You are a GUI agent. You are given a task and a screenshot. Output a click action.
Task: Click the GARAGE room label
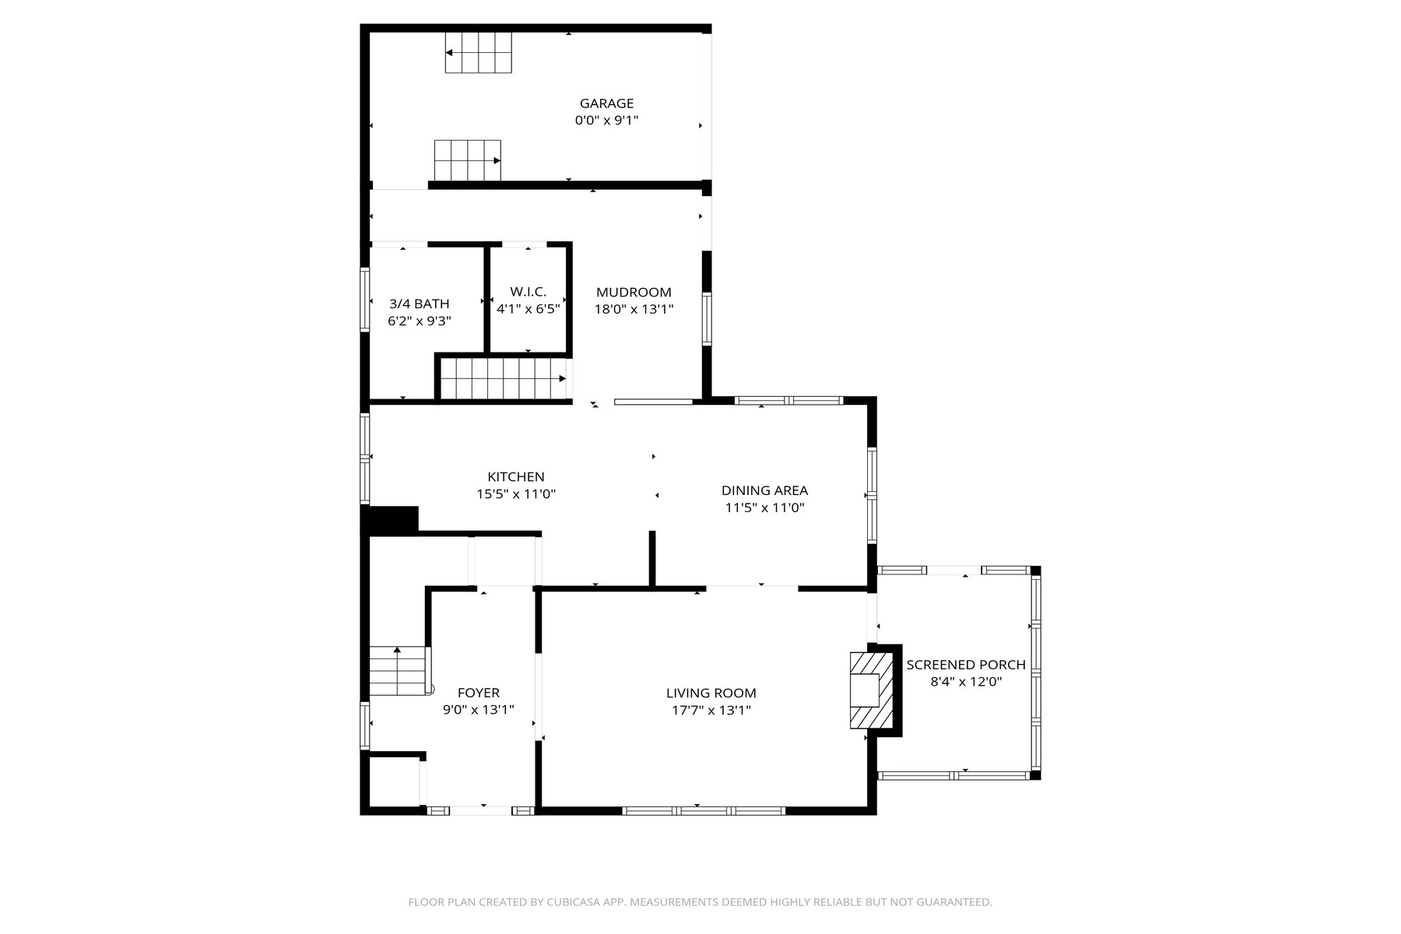click(x=606, y=104)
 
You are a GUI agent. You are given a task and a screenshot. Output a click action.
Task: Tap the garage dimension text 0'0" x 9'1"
click(x=606, y=121)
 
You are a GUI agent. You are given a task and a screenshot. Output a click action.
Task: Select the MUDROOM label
click(x=634, y=293)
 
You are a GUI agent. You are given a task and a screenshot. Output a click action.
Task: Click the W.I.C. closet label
click(x=528, y=292)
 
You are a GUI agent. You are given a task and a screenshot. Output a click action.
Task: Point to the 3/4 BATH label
click(x=420, y=304)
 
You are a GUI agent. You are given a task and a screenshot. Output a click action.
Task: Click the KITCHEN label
click(x=515, y=477)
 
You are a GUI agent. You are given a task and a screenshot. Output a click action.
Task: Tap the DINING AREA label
click(x=764, y=490)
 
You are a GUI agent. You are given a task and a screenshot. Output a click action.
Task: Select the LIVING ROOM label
click(x=711, y=693)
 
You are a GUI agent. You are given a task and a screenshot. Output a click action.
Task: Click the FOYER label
click(x=478, y=693)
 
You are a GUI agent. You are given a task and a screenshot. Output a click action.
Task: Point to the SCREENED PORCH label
click(x=965, y=665)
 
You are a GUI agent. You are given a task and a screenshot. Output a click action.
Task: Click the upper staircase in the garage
click(x=478, y=53)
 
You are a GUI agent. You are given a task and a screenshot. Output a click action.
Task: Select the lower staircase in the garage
click(x=467, y=160)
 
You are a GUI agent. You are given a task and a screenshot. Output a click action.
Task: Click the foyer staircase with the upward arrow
click(x=398, y=671)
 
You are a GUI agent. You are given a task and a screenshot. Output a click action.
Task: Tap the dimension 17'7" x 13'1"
click(x=711, y=710)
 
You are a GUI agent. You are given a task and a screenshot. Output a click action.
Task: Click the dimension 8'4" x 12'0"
click(x=965, y=682)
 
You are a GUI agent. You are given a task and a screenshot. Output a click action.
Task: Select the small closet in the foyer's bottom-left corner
click(x=395, y=781)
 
